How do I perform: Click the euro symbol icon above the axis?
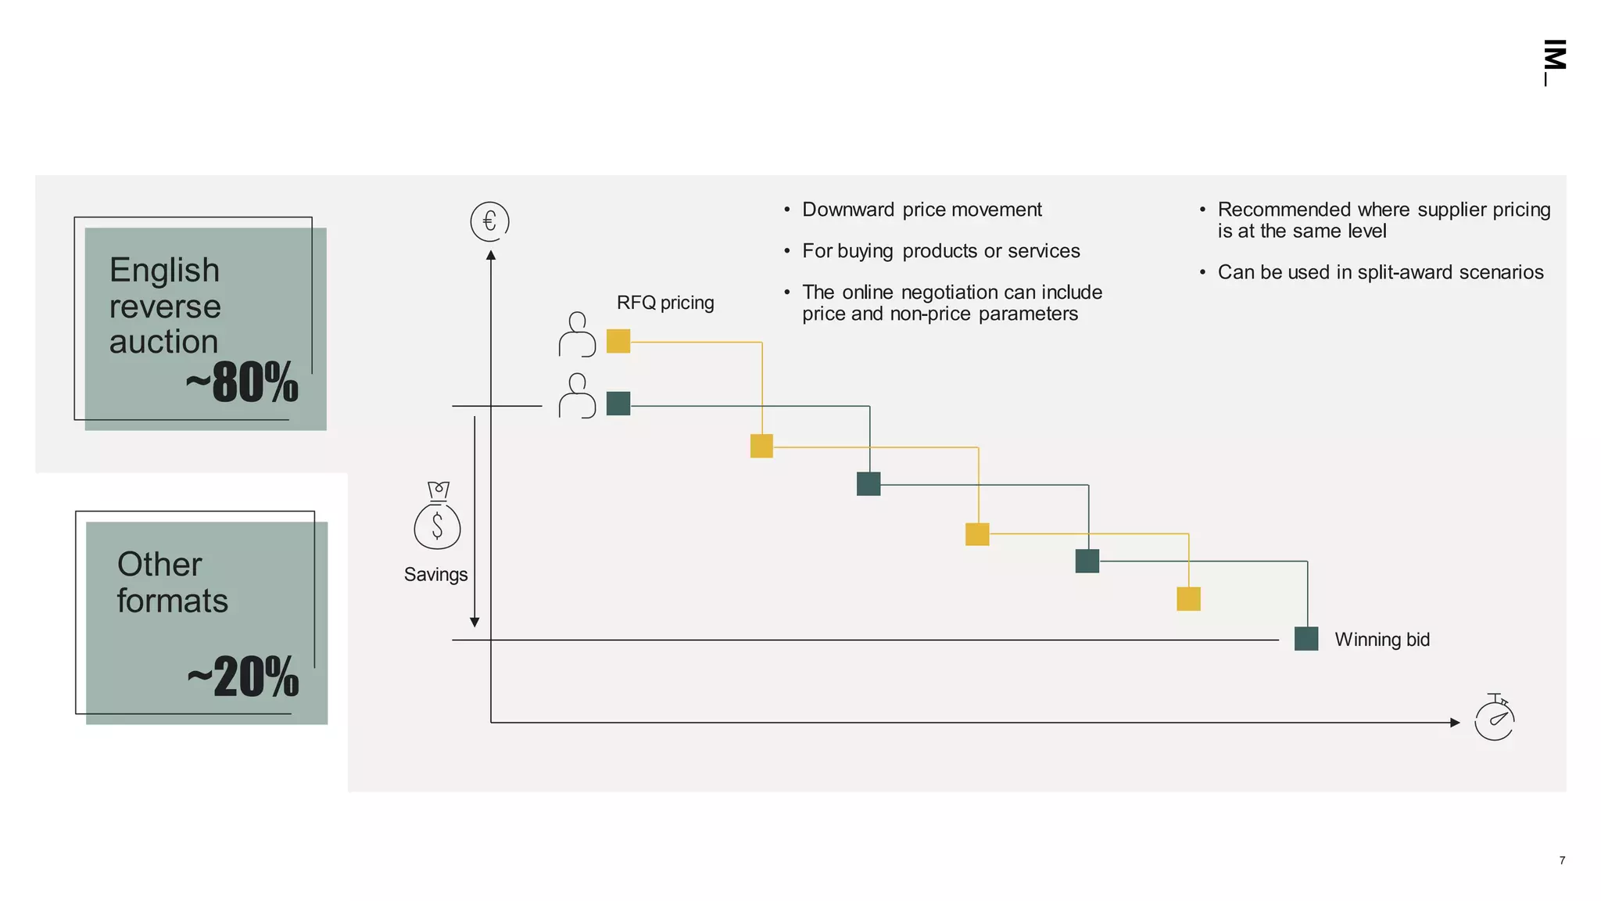[489, 221]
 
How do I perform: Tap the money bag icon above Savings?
[437, 516]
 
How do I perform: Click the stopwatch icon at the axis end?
[1494, 718]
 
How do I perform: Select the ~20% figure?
[243, 677]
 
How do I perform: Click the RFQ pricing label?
[665, 303]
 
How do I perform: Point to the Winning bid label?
[1381, 640]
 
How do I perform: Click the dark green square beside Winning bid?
[1306, 639]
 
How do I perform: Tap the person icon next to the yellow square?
[577, 335]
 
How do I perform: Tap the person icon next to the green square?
[577, 396]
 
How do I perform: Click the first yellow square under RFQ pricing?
[618, 341]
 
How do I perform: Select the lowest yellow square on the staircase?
[1188, 599]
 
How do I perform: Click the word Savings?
[435, 575]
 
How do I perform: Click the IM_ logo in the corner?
[1554, 62]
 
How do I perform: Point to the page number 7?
[1562, 860]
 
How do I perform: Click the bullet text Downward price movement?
[922, 210]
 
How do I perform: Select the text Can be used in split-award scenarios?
[1380, 272]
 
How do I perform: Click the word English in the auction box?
[164, 271]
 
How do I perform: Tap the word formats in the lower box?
[172, 601]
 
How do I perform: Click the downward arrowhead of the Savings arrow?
[475, 622]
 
